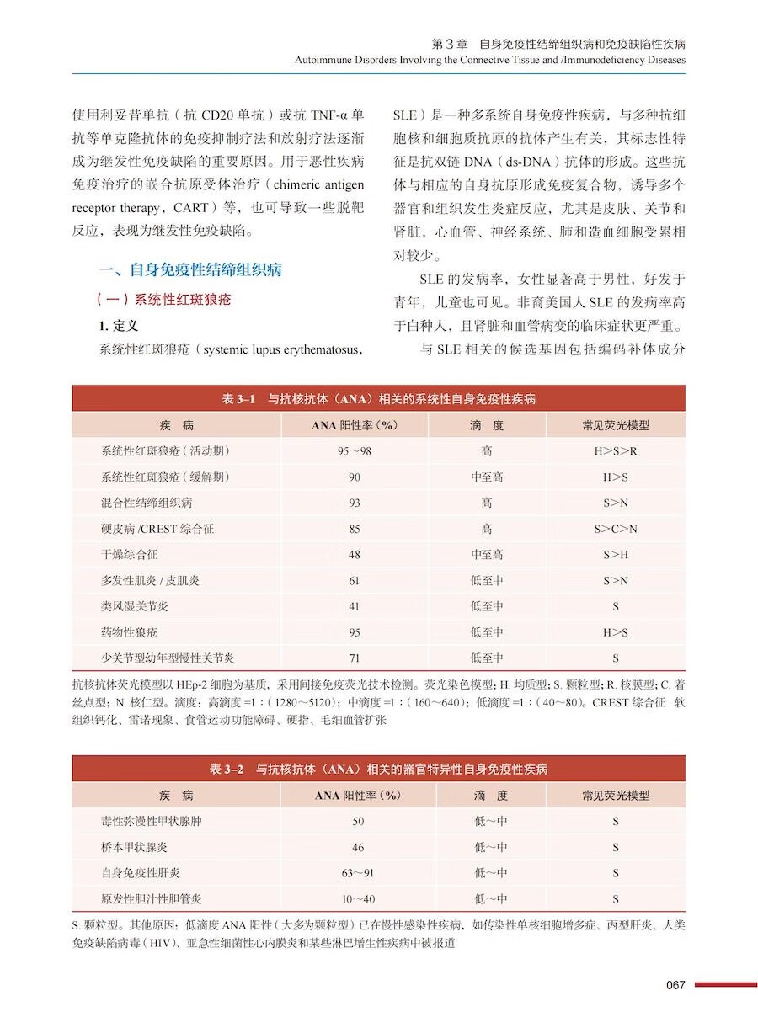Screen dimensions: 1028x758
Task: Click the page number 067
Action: click(675, 985)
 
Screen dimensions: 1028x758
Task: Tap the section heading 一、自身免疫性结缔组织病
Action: click(189, 270)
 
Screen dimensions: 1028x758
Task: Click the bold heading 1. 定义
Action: click(119, 325)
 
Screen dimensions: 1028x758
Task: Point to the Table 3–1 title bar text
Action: click(378, 398)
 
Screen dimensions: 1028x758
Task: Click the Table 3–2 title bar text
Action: click(378, 769)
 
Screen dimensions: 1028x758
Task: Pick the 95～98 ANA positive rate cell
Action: click(355, 451)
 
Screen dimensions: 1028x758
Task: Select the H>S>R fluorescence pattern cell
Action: click(616, 451)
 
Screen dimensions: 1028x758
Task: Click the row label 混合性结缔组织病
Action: click(147, 503)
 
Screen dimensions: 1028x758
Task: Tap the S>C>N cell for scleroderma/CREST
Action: click(616, 529)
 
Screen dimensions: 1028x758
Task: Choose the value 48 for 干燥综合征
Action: click(355, 555)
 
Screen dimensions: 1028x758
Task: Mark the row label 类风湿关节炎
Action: click(135, 606)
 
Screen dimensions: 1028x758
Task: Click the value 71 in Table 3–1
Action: click(355, 658)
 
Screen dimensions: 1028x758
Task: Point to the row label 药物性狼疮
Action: click(129, 632)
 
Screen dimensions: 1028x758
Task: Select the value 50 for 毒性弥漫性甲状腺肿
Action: click(358, 821)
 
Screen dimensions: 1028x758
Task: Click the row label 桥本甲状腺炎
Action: click(135, 847)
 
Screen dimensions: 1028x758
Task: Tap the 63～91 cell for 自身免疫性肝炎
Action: click(358, 873)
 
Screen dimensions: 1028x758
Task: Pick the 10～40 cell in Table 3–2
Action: click(358, 899)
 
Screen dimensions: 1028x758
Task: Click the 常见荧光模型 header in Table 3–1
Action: click(616, 425)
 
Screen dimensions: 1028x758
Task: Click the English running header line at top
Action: click(489, 60)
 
